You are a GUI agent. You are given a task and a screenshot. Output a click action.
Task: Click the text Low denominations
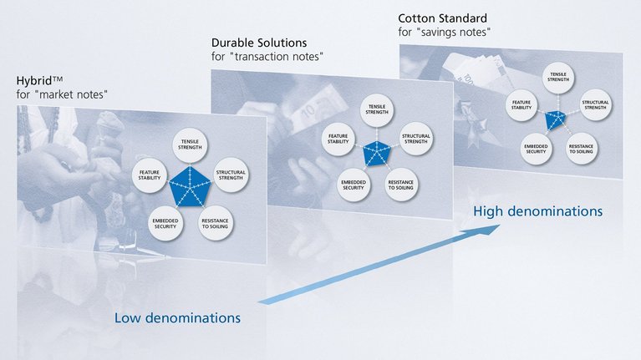[177, 317]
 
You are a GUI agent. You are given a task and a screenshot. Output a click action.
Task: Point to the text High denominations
[537, 211]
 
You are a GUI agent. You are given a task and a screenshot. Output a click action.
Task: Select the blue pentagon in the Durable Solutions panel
[376, 153]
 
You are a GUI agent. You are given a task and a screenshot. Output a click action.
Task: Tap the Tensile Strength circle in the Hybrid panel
[188, 145]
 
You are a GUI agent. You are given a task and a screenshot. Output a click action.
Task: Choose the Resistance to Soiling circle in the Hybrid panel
[215, 223]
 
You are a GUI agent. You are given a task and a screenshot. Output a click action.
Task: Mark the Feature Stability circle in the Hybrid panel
[150, 175]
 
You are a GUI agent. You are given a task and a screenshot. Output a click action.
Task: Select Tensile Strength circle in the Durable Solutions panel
[376, 112]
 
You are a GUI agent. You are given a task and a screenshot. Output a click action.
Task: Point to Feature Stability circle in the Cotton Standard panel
[524, 105]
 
